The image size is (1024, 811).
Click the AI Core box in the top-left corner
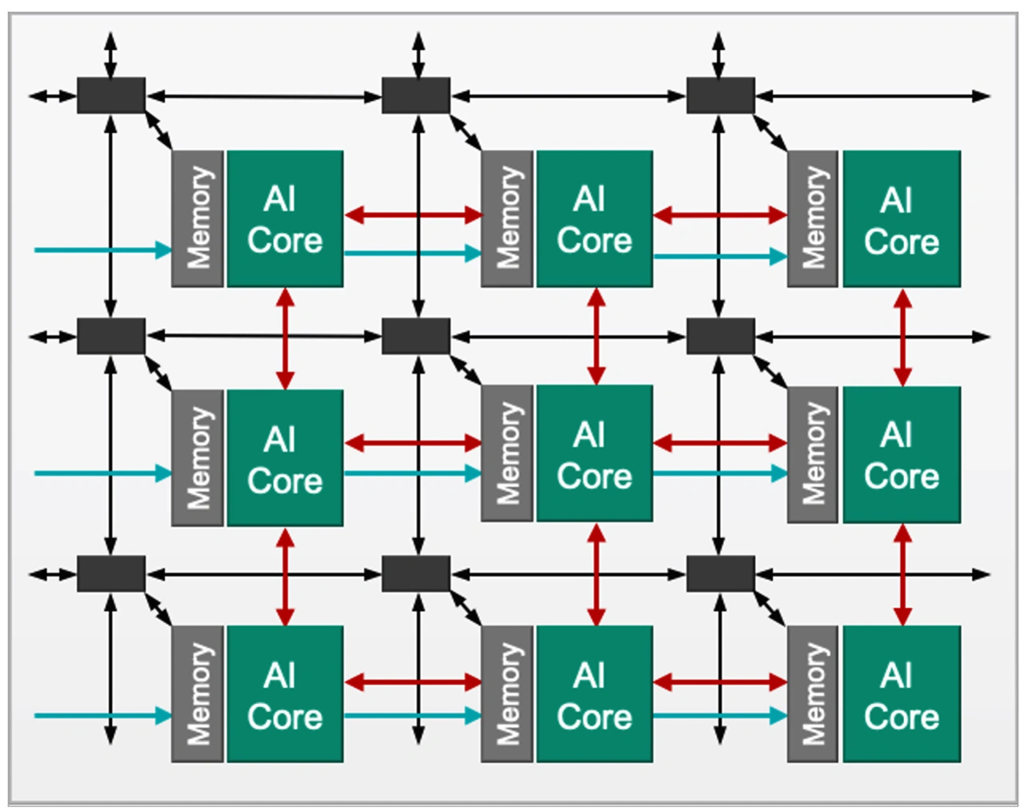tap(285, 218)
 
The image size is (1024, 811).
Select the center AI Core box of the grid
tap(594, 453)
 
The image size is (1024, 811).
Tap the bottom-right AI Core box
tap(902, 693)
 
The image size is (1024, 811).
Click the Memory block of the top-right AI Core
tap(813, 218)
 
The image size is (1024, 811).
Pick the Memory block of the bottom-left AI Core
tap(198, 693)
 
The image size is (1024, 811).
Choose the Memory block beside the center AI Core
tap(506, 453)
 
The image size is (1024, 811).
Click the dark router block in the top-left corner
tap(111, 95)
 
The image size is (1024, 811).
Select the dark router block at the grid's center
tap(416, 336)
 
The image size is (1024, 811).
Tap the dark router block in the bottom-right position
tap(721, 573)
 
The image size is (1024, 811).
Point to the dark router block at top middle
tap(416, 95)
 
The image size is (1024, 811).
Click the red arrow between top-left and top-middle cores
tap(413, 214)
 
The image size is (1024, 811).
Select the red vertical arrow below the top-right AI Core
tap(902, 338)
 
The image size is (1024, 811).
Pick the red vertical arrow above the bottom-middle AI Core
tap(595, 573)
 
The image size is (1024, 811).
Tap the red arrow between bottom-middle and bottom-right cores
tap(720, 682)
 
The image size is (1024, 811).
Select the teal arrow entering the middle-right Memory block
tap(720, 473)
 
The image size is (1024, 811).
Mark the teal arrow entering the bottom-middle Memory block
tap(413, 715)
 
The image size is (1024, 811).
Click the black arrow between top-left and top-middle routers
tap(264, 97)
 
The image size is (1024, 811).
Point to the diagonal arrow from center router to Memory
tap(466, 370)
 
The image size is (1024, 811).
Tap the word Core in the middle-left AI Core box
tap(285, 481)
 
